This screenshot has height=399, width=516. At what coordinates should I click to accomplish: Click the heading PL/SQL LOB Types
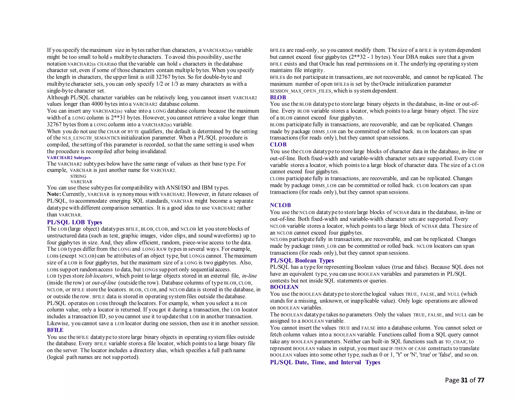coord(74,222)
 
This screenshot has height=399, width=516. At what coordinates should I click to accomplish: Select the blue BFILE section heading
coord(55,330)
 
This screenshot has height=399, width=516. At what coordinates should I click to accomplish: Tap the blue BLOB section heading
coord(278,97)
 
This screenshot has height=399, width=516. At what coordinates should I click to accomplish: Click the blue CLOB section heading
coord(278,145)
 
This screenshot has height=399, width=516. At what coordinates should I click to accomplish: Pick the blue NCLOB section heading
coord(280,205)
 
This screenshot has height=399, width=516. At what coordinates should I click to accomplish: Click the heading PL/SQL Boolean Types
coord(302,260)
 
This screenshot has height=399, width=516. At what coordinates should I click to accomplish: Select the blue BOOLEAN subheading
coord(284,287)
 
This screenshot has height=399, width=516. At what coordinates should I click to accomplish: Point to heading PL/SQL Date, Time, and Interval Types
coord(325,362)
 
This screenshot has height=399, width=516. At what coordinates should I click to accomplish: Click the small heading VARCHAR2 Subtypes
coord(69,158)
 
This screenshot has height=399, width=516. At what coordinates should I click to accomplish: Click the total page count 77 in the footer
coord(481,380)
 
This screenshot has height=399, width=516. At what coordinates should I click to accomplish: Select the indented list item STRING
coord(78,176)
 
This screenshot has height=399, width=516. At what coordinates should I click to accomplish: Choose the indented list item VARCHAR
coord(81,182)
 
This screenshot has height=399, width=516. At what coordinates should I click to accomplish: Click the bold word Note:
coord(54,194)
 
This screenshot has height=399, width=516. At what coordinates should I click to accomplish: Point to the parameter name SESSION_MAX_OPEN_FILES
coord(301,91)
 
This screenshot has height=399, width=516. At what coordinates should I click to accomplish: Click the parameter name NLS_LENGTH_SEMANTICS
coord(91,138)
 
